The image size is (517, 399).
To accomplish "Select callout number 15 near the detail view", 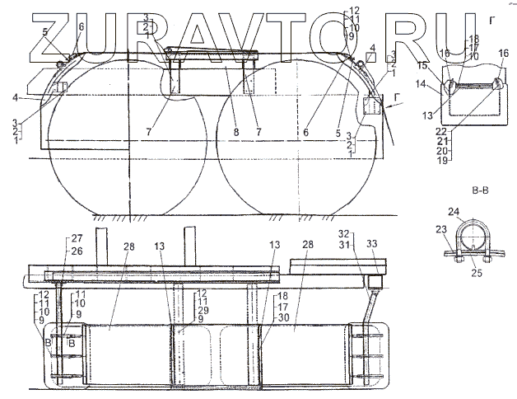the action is [421, 65].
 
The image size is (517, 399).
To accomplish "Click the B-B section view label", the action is [481, 191].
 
